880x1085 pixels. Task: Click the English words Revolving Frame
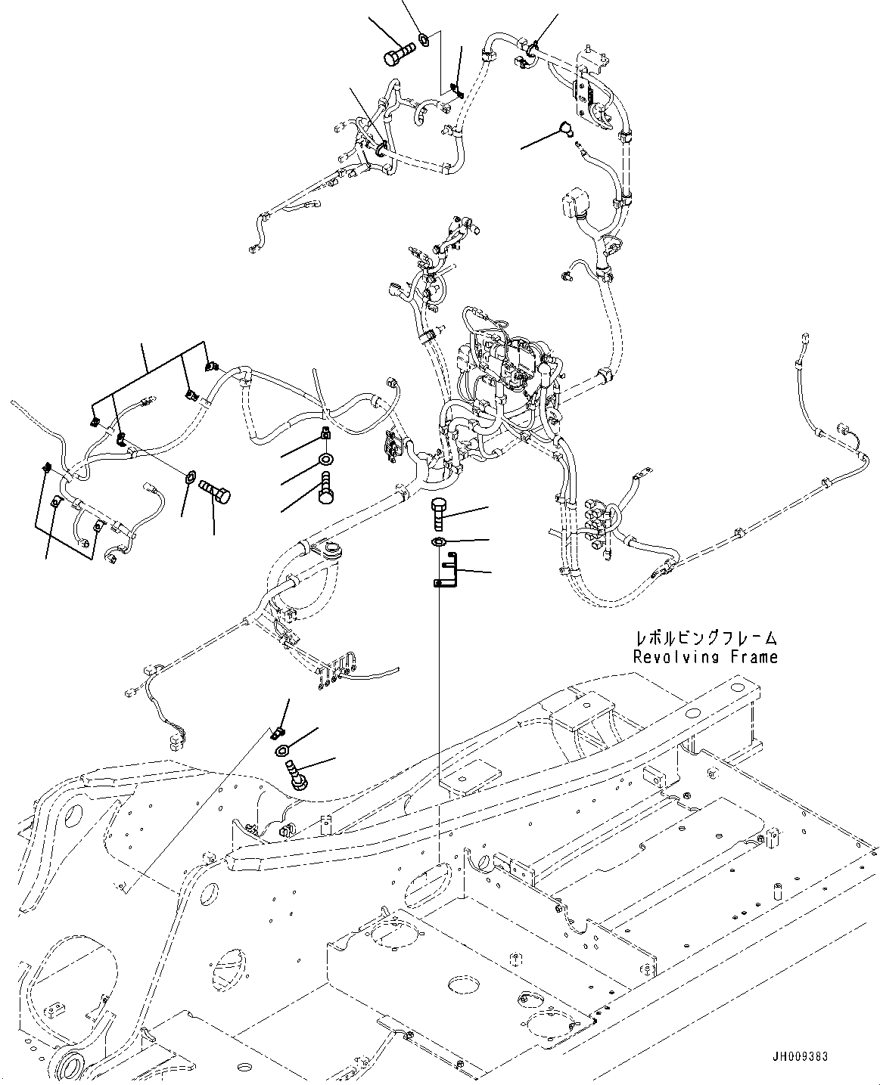[x=705, y=657]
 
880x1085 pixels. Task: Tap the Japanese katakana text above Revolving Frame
[x=705, y=639]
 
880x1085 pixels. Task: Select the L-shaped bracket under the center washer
[x=445, y=571]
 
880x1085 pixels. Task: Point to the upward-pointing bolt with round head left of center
[x=326, y=485]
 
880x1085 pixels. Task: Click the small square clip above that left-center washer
[x=325, y=433]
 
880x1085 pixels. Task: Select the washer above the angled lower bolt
[x=282, y=750]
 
